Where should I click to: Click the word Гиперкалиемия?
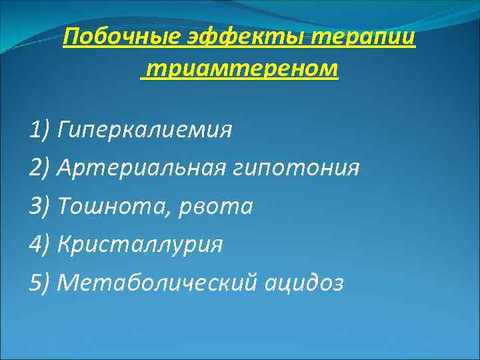pyautogui.click(x=145, y=129)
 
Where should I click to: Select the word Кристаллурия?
pyautogui.click(x=140, y=245)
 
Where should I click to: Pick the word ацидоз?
pyautogui.click(x=304, y=283)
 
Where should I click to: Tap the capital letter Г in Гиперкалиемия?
pyautogui.click(x=65, y=129)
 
